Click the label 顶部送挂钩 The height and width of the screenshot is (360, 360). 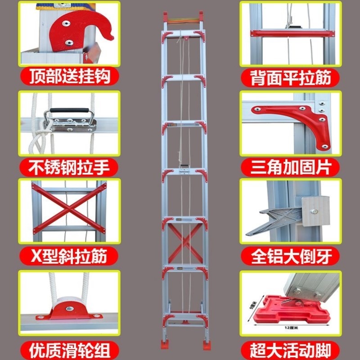tap(70, 77)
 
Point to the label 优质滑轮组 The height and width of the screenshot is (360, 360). tap(70, 349)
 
